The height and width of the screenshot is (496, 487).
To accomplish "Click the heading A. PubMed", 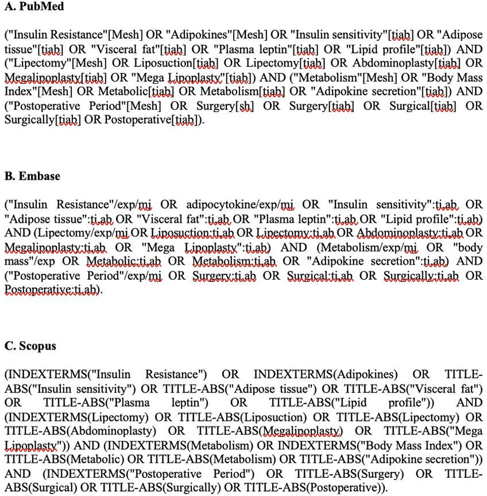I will point(34,6).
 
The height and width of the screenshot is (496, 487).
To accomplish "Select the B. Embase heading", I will point(32,176).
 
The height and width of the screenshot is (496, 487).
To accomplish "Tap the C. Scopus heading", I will point(30,346).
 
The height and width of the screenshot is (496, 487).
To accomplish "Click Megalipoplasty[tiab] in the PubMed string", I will point(55,78).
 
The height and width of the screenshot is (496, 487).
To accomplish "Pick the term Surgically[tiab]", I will point(42,120).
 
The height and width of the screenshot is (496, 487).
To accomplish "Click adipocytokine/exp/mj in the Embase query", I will point(240,205).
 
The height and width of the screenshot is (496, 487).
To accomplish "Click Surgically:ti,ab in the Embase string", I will point(421,275).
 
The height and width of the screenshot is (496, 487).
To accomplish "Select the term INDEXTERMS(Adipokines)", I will point(326,374).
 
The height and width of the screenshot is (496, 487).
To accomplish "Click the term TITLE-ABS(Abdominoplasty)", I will point(81,431).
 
